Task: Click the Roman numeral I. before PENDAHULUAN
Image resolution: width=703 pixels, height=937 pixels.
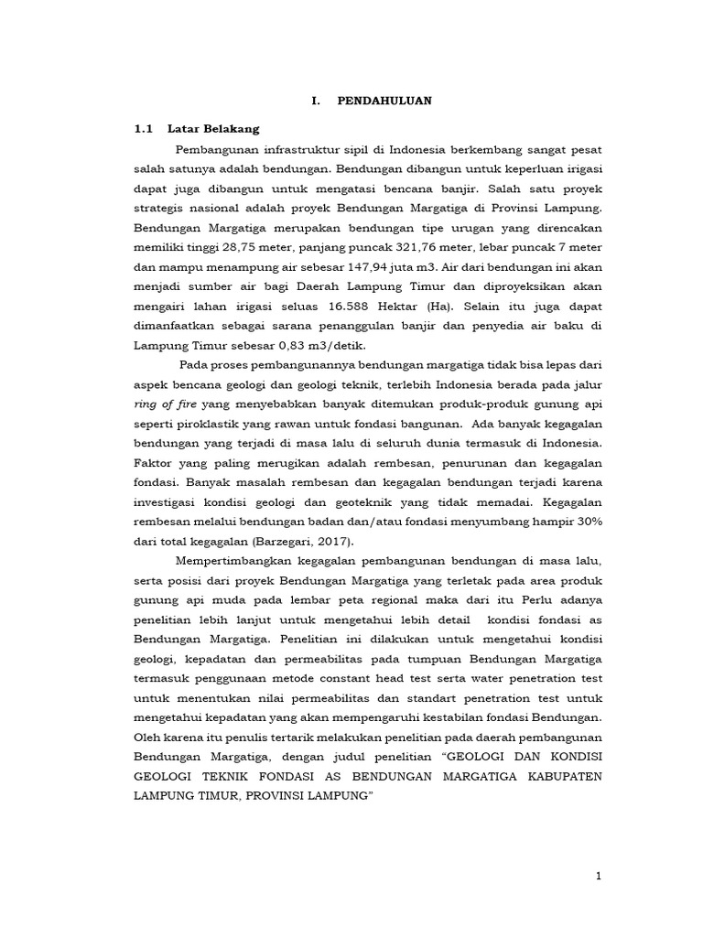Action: point(316,101)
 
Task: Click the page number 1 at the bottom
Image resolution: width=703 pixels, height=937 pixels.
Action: point(598,877)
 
